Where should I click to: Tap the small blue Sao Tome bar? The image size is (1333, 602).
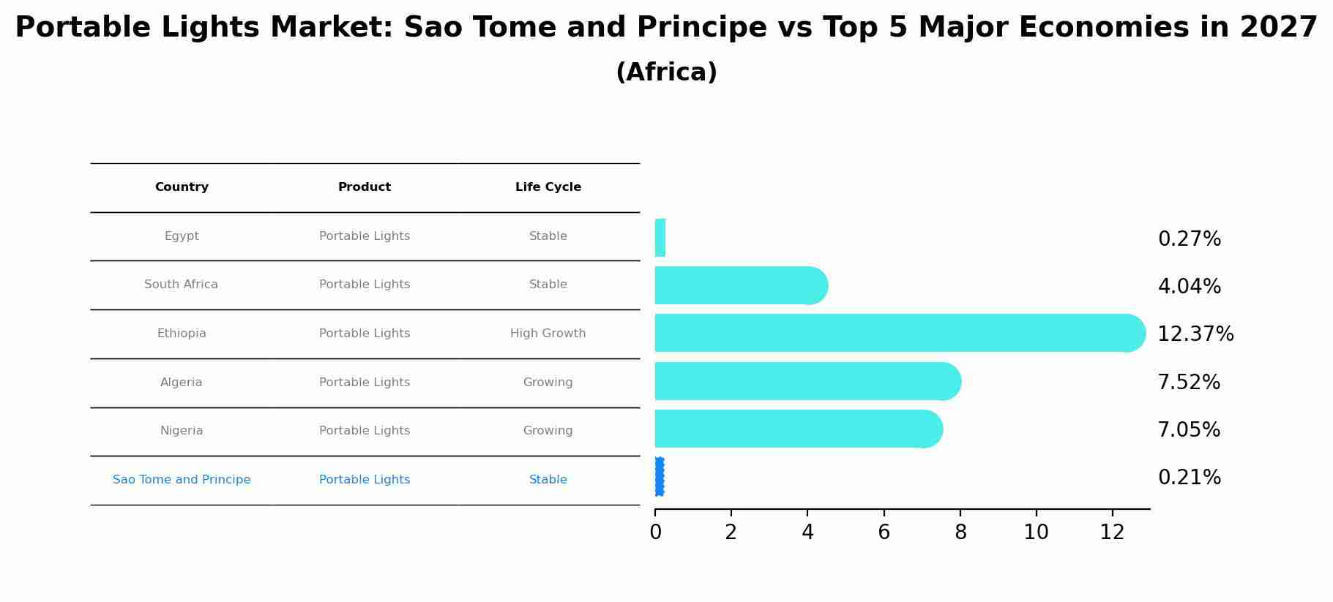pyautogui.click(x=660, y=477)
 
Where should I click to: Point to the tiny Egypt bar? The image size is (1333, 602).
pyautogui.click(x=660, y=238)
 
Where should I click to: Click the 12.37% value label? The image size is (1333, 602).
pyautogui.click(x=1195, y=334)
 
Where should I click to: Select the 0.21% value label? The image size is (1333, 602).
pyautogui.click(x=1189, y=478)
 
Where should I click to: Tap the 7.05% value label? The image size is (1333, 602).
pyautogui.click(x=1188, y=430)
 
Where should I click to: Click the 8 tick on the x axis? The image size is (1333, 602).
pyautogui.click(x=960, y=533)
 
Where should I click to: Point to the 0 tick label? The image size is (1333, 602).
pyautogui.click(x=655, y=533)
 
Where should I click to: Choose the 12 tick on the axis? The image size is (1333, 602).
pyautogui.click(x=1112, y=533)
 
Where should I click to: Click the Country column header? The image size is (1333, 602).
pyautogui.click(x=182, y=187)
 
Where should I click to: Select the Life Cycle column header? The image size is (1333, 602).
pyautogui.click(x=548, y=187)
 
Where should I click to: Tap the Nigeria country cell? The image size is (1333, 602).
pyautogui.click(x=182, y=431)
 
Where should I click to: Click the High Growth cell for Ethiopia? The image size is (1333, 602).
pyautogui.click(x=548, y=334)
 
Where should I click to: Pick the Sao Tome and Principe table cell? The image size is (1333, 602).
pyautogui.click(x=182, y=480)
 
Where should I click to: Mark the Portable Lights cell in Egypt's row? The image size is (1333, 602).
pyautogui.click(x=365, y=236)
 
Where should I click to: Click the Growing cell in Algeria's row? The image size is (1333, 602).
pyautogui.click(x=548, y=383)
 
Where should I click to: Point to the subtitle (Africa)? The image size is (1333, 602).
pyautogui.click(x=666, y=72)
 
